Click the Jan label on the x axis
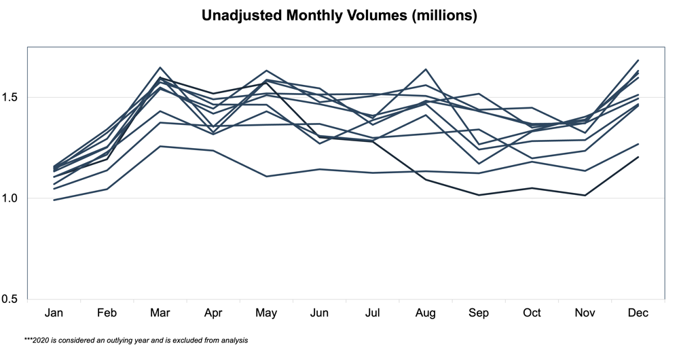54,313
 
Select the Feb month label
107,313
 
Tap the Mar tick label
160,313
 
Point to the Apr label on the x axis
213,313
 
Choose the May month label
266,313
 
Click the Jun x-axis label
319,313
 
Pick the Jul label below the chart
372,313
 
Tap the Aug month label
426,313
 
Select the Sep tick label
479,313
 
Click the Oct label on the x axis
532,313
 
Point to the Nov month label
585,313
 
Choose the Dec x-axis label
638,313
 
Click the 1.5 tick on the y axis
13,98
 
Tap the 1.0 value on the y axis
13,198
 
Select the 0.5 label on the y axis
13,299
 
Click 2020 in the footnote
41,340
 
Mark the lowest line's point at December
638,157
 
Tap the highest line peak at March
160,67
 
